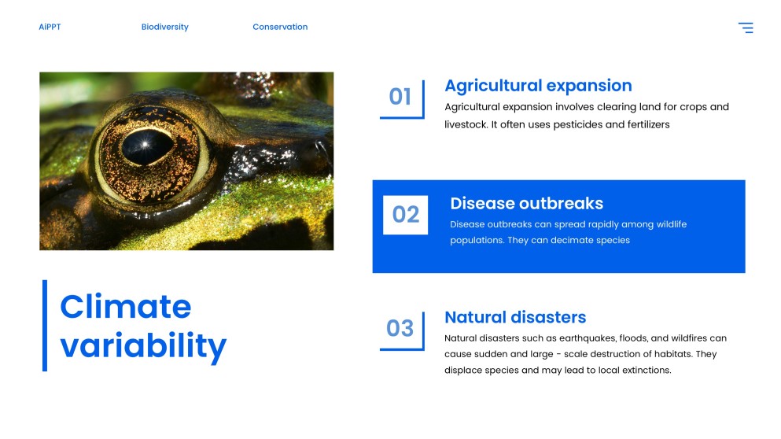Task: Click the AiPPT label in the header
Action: pos(50,27)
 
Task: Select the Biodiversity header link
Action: pos(165,27)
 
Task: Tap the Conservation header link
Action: pos(280,27)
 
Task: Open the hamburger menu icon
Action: pos(746,28)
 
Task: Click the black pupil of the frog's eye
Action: pos(147,146)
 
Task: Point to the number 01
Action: pos(400,97)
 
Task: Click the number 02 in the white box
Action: pos(405,215)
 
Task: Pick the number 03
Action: pos(400,328)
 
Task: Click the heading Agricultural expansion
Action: pos(539,86)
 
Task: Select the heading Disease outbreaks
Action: pos(526,203)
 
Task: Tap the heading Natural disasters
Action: pos(515,317)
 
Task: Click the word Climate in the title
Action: pos(126,307)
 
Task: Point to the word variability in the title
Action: pos(143,345)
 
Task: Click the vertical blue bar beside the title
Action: pos(45,326)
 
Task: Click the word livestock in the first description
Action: pos(466,124)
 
